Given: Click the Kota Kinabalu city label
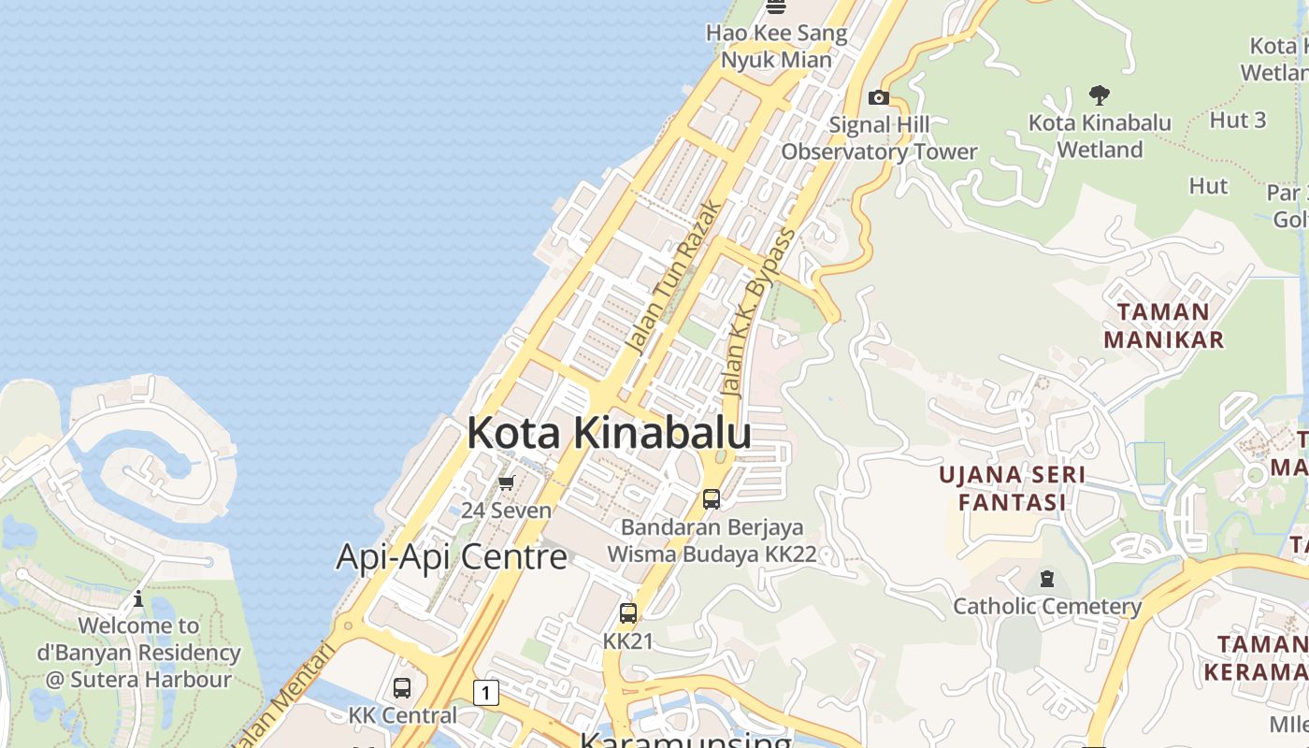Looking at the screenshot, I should click(609, 434).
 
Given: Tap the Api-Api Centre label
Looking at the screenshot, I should click(452, 557).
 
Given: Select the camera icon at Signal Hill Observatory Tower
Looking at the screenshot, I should click(878, 98).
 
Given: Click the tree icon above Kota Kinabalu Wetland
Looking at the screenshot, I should click(1100, 94).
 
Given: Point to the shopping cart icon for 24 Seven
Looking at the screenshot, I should click(507, 483).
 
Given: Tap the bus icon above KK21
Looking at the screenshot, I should click(628, 614).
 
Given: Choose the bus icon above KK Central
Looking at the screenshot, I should click(402, 688).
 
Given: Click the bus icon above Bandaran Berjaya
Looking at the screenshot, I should click(712, 499).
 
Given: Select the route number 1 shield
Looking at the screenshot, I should click(485, 693).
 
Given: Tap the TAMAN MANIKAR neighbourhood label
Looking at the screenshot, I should click(1163, 325).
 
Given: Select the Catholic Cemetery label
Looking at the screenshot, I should click(1047, 607).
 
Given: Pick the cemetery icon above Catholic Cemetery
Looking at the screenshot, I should click(1046, 579).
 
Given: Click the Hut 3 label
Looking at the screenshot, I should click(1237, 120).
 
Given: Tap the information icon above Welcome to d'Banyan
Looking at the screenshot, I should click(138, 598).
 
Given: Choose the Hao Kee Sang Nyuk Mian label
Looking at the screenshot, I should click(776, 47).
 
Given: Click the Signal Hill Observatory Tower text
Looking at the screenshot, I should click(879, 138).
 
